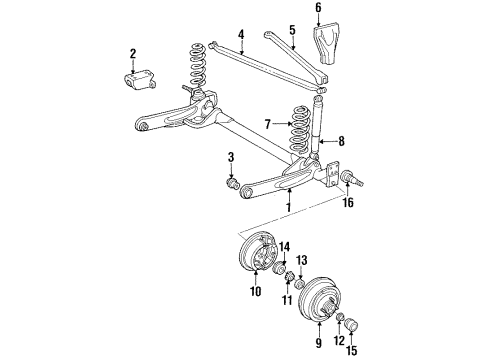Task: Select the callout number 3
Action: [231, 157]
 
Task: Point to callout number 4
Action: [241, 34]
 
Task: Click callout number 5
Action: [291, 30]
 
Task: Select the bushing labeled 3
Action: [232, 183]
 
